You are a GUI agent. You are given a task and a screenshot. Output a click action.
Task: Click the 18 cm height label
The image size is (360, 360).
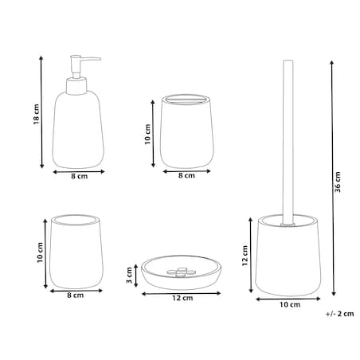pos(37,115)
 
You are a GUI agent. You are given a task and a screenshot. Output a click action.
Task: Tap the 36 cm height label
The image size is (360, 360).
pos(337,182)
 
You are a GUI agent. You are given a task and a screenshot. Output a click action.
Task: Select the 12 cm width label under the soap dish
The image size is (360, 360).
pos(182,298)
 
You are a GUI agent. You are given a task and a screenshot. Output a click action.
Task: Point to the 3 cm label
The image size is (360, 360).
pos(129,276)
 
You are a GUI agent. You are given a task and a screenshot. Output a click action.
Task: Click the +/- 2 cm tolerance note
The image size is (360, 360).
pos(339,314)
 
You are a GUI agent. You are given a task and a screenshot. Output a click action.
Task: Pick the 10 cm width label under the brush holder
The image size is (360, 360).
pos(290,304)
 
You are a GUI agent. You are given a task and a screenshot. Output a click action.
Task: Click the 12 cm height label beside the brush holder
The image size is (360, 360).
pos(245,256)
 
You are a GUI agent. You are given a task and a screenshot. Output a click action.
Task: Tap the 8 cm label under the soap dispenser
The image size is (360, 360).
pos(79,176)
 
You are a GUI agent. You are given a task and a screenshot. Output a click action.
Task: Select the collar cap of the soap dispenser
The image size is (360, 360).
pos(76,86)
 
